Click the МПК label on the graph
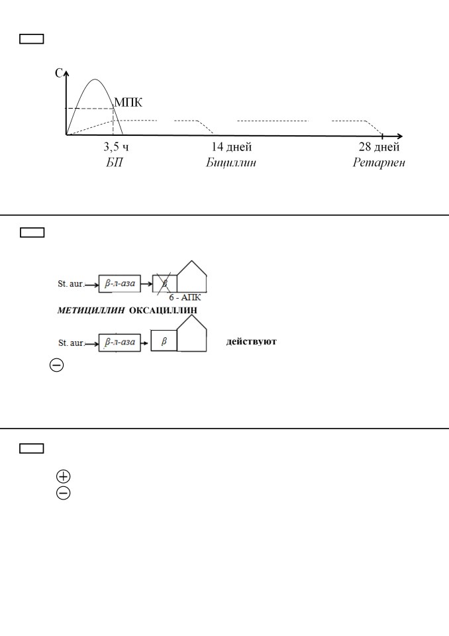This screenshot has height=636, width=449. click(x=128, y=102)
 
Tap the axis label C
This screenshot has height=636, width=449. click(x=59, y=73)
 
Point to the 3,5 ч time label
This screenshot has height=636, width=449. click(x=116, y=147)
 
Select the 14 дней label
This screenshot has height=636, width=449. click(x=232, y=147)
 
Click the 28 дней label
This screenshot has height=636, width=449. click(x=379, y=147)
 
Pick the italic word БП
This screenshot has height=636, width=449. click(x=115, y=163)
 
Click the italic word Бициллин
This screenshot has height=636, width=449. click(x=230, y=163)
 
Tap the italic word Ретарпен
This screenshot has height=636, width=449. click(x=379, y=163)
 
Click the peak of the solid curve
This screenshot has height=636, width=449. click(x=95, y=79)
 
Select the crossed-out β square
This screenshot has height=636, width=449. click(x=165, y=284)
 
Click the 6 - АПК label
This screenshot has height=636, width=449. click(x=185, y=297)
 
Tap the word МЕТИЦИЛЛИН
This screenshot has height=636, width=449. click(x=91, y=311)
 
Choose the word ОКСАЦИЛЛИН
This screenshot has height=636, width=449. click(x=163, y=311)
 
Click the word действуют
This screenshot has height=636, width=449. click(x=251, y=342)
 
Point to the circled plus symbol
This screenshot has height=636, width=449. click(x=64, y=476)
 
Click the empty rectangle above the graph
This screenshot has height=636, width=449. click(x=32, y=38)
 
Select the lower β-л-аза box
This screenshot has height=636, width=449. click(x=120, y=343)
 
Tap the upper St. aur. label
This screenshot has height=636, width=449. click(x=71, y=284)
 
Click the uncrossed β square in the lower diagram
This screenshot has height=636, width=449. click(x=164, y=341)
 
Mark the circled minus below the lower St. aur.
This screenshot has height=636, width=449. click(x=56, y=365)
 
